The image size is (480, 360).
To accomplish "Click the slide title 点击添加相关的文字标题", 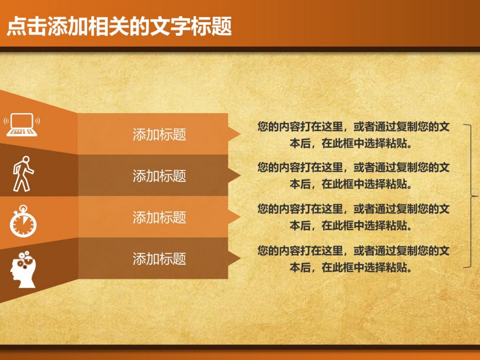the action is tap(119, 26).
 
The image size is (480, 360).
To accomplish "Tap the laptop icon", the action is tap(22, 125).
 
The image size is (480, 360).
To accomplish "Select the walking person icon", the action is tap(23, 174).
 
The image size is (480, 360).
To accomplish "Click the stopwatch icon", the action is tap(23, 221).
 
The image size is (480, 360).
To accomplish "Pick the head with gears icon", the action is tap(23, 269).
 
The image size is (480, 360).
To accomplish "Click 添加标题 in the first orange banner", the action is tap(159, 134).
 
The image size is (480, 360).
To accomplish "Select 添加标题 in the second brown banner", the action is tap(159, 176).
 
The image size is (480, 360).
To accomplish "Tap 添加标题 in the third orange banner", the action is tap(159, 217).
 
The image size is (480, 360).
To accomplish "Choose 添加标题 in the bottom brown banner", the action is tap(159, 259).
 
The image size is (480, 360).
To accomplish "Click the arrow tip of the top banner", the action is tap(241, 134).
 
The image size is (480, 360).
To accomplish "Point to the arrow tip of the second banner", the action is tap(241, 175).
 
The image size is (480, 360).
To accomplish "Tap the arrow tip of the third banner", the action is tap(241, 217).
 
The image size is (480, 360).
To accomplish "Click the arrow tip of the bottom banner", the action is tap(241, 258).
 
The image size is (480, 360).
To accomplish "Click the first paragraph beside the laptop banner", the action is tap(353, 135).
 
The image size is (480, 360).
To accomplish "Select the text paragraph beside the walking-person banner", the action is tap(353, 175).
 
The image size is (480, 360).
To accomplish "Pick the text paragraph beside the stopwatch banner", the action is tap(353, 217).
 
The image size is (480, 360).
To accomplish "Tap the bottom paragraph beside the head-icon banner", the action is tap(353, 259).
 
